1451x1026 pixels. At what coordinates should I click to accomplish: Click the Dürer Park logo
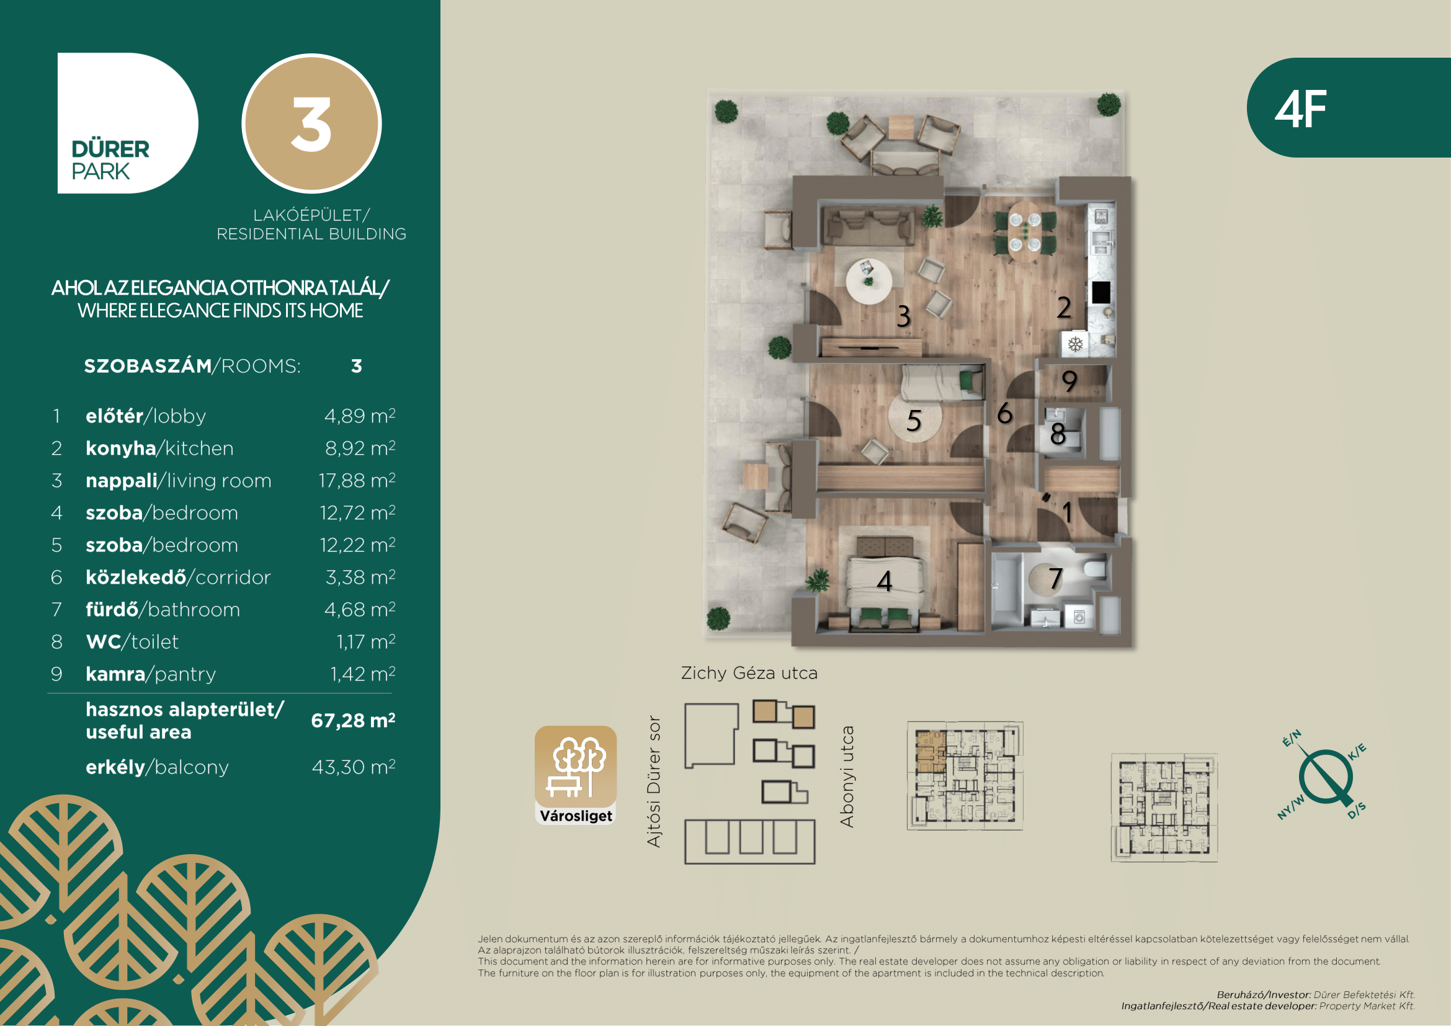pos(127,123)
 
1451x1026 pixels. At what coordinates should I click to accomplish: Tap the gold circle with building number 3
pos(311,123)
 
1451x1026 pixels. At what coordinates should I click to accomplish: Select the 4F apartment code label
pos(1300,109)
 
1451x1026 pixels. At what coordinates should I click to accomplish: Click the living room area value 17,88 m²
pos(357,480)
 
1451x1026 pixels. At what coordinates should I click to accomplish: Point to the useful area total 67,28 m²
pos(353,720)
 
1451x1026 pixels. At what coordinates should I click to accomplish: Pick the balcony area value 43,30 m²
pos(354,767)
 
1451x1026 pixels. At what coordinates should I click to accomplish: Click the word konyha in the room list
pos(121,448)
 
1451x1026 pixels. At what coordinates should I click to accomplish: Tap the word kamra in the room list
pos(115,674)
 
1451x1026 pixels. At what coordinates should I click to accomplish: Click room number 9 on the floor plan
pos(1069,381)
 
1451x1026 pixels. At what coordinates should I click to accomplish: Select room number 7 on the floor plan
pos(1055,579)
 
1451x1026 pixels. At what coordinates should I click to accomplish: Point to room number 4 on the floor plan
pos(885,581)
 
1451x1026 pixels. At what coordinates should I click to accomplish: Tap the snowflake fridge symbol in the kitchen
pos(1075,344)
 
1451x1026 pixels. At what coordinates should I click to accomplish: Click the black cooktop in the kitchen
pos(1101,292)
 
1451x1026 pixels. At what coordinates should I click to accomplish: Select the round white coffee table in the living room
pos(870,281)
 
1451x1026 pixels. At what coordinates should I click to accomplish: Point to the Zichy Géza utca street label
pos(749,673)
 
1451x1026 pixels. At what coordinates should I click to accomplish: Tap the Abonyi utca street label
pos(847,777)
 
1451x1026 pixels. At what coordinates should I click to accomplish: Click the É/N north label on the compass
pos(1292,738)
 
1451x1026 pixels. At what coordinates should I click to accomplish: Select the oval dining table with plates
pos(1024,232)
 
